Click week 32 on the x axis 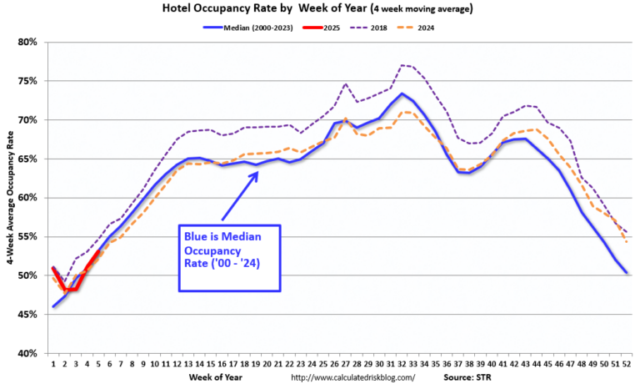point(402,363)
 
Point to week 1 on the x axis point(52,363)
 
